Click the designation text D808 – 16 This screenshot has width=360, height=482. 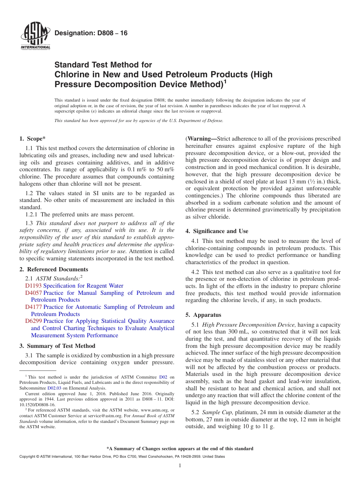point(91,33)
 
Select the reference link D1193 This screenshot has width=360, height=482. point(33,286)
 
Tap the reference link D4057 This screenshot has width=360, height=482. point(33,293)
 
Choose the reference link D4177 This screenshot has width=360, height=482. point(33,307)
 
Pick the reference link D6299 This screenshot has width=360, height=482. point(33,321)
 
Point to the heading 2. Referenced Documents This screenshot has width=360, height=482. point(54,269)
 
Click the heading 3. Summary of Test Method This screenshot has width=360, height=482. point(57,346)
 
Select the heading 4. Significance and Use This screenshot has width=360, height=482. point(217,231)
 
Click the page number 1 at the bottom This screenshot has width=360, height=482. point(180,465)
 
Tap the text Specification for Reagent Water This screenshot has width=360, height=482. point(83,286)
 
